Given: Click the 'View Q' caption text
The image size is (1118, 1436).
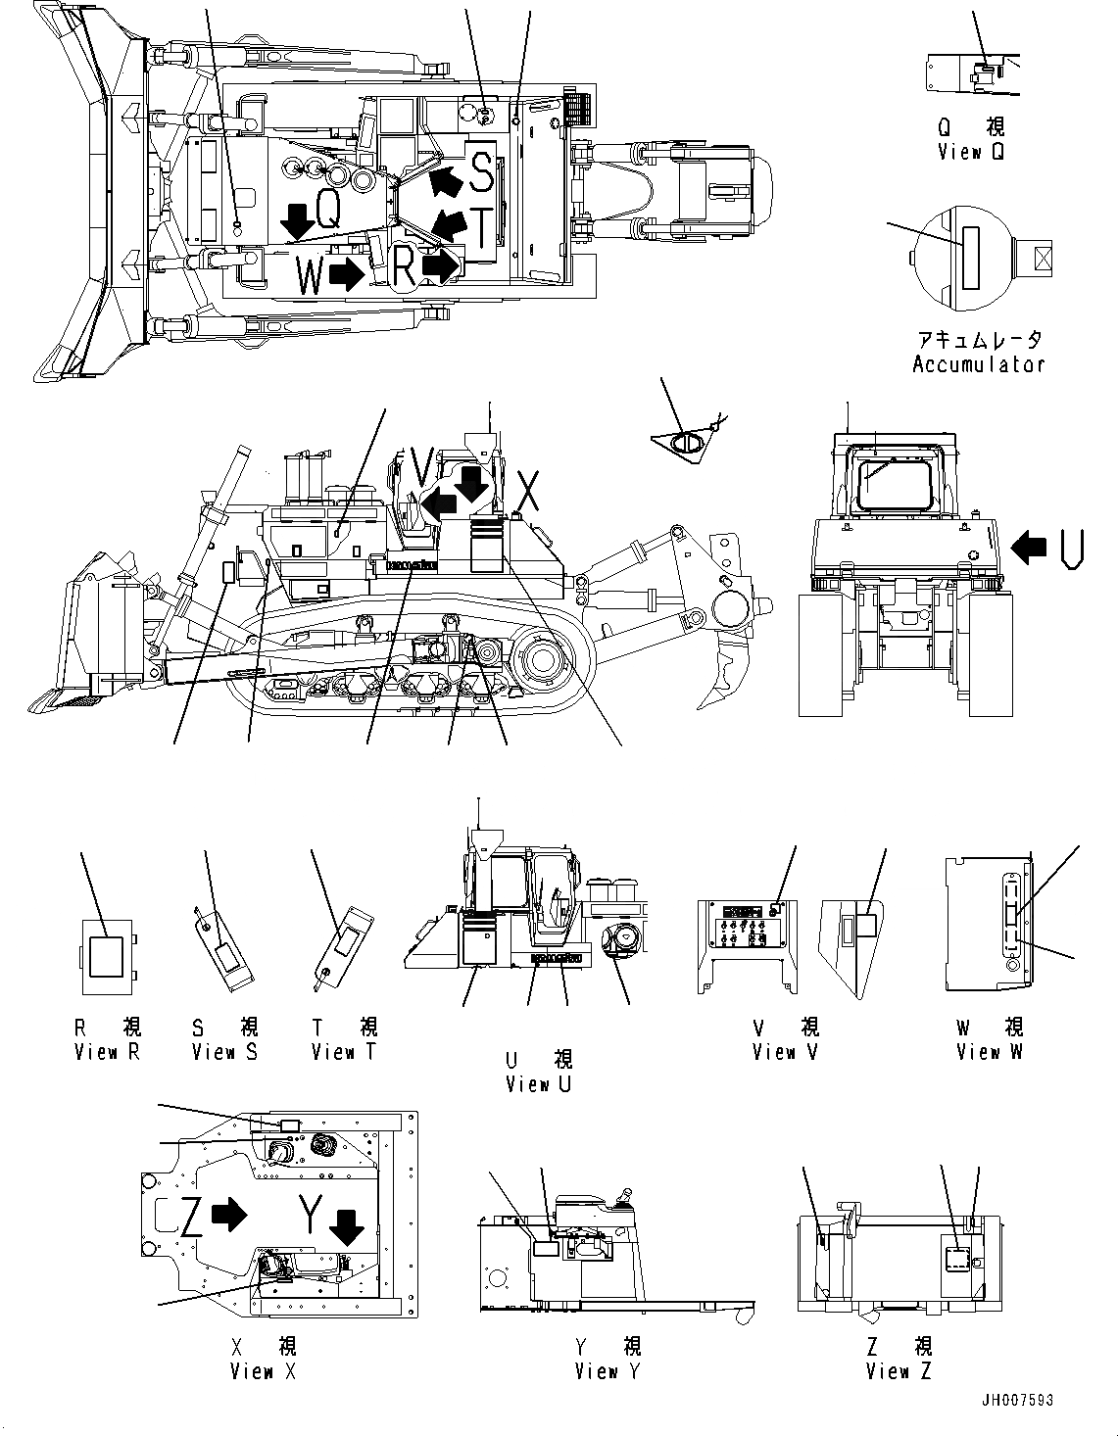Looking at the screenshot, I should [970, 152].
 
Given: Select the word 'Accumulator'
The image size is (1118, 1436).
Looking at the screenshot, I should [978, 364].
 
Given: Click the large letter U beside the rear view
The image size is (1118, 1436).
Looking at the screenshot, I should [1072, 549].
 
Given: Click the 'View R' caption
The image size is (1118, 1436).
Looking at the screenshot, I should [108, 1052].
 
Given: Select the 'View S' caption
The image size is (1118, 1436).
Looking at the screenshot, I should [225, 1052].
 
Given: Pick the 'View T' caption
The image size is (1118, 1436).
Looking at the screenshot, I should [344, 1052].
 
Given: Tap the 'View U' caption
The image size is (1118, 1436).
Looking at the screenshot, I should [539, 1084].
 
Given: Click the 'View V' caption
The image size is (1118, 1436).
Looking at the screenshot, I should [785, 1052].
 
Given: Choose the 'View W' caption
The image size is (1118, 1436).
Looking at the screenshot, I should [990, 1052].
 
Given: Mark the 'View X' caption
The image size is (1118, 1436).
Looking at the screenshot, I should [263, 1371].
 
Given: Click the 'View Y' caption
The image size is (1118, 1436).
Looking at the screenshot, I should [608, 1371].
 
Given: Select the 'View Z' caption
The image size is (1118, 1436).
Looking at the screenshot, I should [899, 1371].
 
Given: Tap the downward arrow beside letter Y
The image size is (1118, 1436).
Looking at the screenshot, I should [345, 1225].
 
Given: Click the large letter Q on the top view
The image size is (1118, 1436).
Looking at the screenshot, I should [328, 210].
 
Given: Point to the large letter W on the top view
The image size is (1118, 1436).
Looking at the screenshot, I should [310, 276].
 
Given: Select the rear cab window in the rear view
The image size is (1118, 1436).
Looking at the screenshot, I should [894, 477].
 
